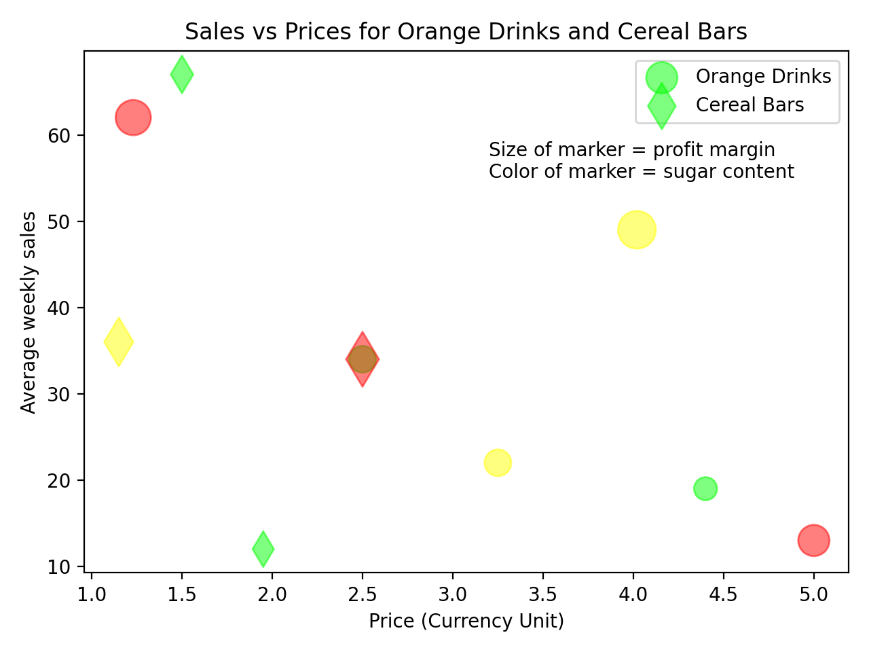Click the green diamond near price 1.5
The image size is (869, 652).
point(181,75)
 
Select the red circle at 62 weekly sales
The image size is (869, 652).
point(133,117)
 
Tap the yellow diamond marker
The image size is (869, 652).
point(119,342)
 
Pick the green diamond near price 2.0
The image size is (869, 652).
point(263,549)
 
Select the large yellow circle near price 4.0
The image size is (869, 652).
point(637,230)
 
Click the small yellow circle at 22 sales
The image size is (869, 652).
point(498,463)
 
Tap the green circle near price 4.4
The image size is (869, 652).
point(705,488)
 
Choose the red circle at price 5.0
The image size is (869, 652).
point(813,541)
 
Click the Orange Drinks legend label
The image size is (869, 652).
point(763,76)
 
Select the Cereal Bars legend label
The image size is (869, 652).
point(750,105)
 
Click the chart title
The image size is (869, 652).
point(466,32)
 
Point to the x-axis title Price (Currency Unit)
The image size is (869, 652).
point(466,621)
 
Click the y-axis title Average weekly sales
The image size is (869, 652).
point(29,312)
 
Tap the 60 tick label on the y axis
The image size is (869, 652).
point(59,136)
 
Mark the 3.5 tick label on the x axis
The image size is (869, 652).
point(542,595)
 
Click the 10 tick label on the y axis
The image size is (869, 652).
point(59,566)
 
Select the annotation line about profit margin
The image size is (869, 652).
point(631,149)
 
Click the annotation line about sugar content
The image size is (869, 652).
point(641,171)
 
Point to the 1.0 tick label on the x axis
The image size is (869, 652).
point(92,595)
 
